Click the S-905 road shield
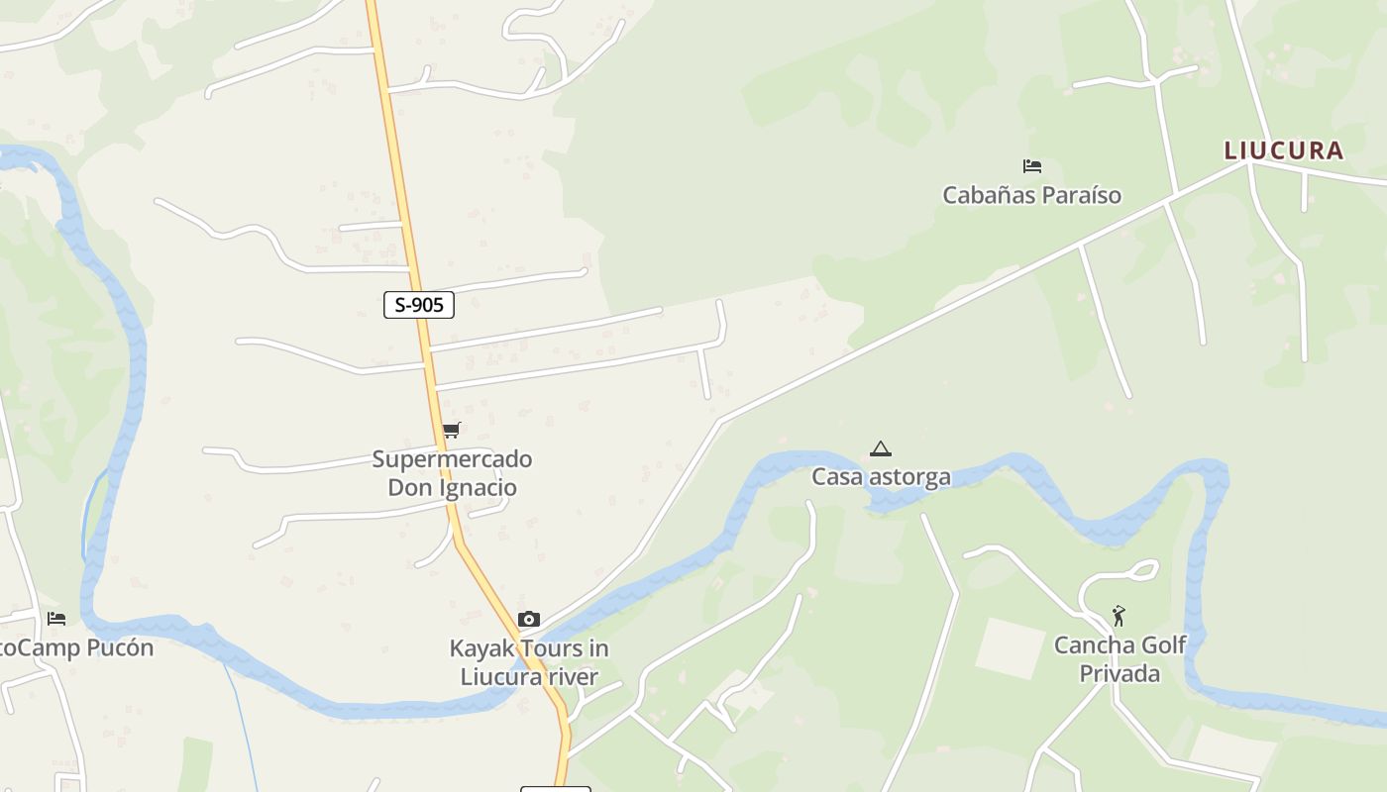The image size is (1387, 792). pos(419,305)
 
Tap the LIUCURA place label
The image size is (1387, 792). pos(1283,150)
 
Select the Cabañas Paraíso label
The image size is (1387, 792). pos(1031,195)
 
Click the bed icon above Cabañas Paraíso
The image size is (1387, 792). pos(1031,166)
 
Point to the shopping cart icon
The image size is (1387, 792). pos(452,430)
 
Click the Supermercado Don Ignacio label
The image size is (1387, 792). pos(452,473)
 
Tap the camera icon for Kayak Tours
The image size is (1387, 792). pos(529,620)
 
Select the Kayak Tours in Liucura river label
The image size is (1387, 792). pos(529,662)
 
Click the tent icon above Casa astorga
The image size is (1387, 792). pos(880,449)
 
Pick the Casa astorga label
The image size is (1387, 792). pos(881,477)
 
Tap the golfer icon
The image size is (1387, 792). pos(1119,616)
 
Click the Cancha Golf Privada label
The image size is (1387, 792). pos(1120,659)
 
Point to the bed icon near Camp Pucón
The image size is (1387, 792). pos(56,619)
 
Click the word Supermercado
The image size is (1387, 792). pos(452,459)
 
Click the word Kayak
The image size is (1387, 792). pos(480,648)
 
